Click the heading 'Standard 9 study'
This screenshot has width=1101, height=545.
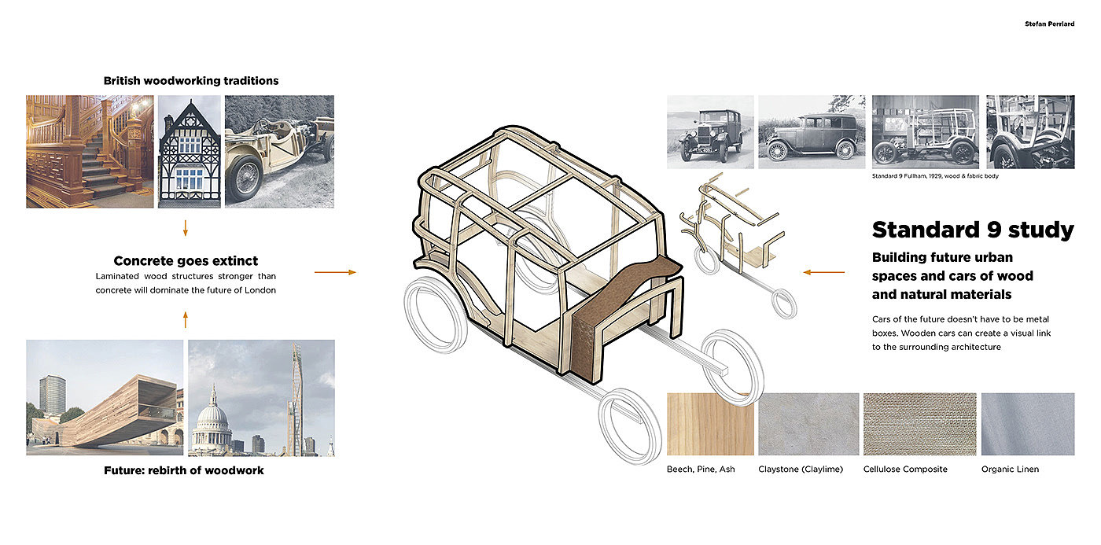point(972,230)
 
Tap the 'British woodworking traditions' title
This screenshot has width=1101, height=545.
point(191,80)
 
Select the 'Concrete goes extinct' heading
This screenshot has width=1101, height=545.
point(186,260)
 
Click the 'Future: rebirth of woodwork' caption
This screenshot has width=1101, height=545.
point(184,470)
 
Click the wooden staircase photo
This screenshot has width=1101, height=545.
point(90,151)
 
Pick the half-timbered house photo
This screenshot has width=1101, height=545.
point(189,151)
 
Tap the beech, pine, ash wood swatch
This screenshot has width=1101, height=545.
point(710,425)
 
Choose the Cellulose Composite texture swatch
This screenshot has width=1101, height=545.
point(919,425)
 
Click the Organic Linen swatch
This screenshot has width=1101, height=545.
point(1028,425)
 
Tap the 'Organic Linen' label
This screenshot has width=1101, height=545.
point(1010,470)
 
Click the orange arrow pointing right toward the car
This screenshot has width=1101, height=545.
point(334,272)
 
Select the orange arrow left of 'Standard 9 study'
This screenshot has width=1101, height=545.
point(823,272)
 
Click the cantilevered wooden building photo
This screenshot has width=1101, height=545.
point(105,397)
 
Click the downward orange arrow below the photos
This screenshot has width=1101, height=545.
point(186,228)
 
